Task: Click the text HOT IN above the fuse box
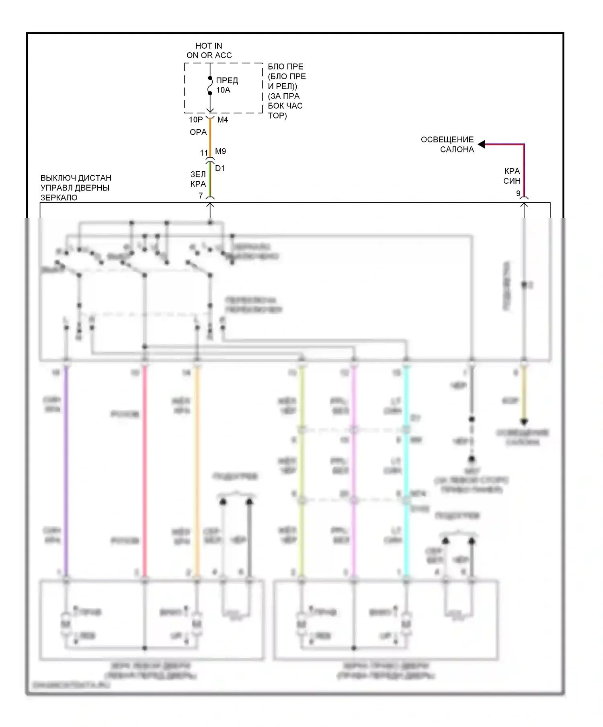pos(209,46)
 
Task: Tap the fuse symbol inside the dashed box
pos(210,85)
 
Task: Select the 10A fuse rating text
pos(223,90)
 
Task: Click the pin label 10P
pos(196,120)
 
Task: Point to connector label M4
pos(222,120)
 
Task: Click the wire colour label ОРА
pos(198,132)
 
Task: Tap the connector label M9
pos(220,151)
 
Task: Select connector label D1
pos(219,168)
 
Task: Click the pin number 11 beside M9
pos(204,153)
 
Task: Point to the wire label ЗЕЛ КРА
pos(198,179)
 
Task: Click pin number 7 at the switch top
pos(201,196)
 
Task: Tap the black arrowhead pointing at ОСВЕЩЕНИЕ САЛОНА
pos(481,144)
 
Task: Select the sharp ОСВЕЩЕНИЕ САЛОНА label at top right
pos(447,144)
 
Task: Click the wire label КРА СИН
pos(512,176)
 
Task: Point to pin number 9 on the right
pos(518,193)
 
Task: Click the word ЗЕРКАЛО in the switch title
pos(59,197)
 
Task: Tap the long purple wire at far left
pos(66,470)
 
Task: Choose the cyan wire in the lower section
pos(406,470)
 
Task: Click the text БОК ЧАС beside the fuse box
pos(285,106)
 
